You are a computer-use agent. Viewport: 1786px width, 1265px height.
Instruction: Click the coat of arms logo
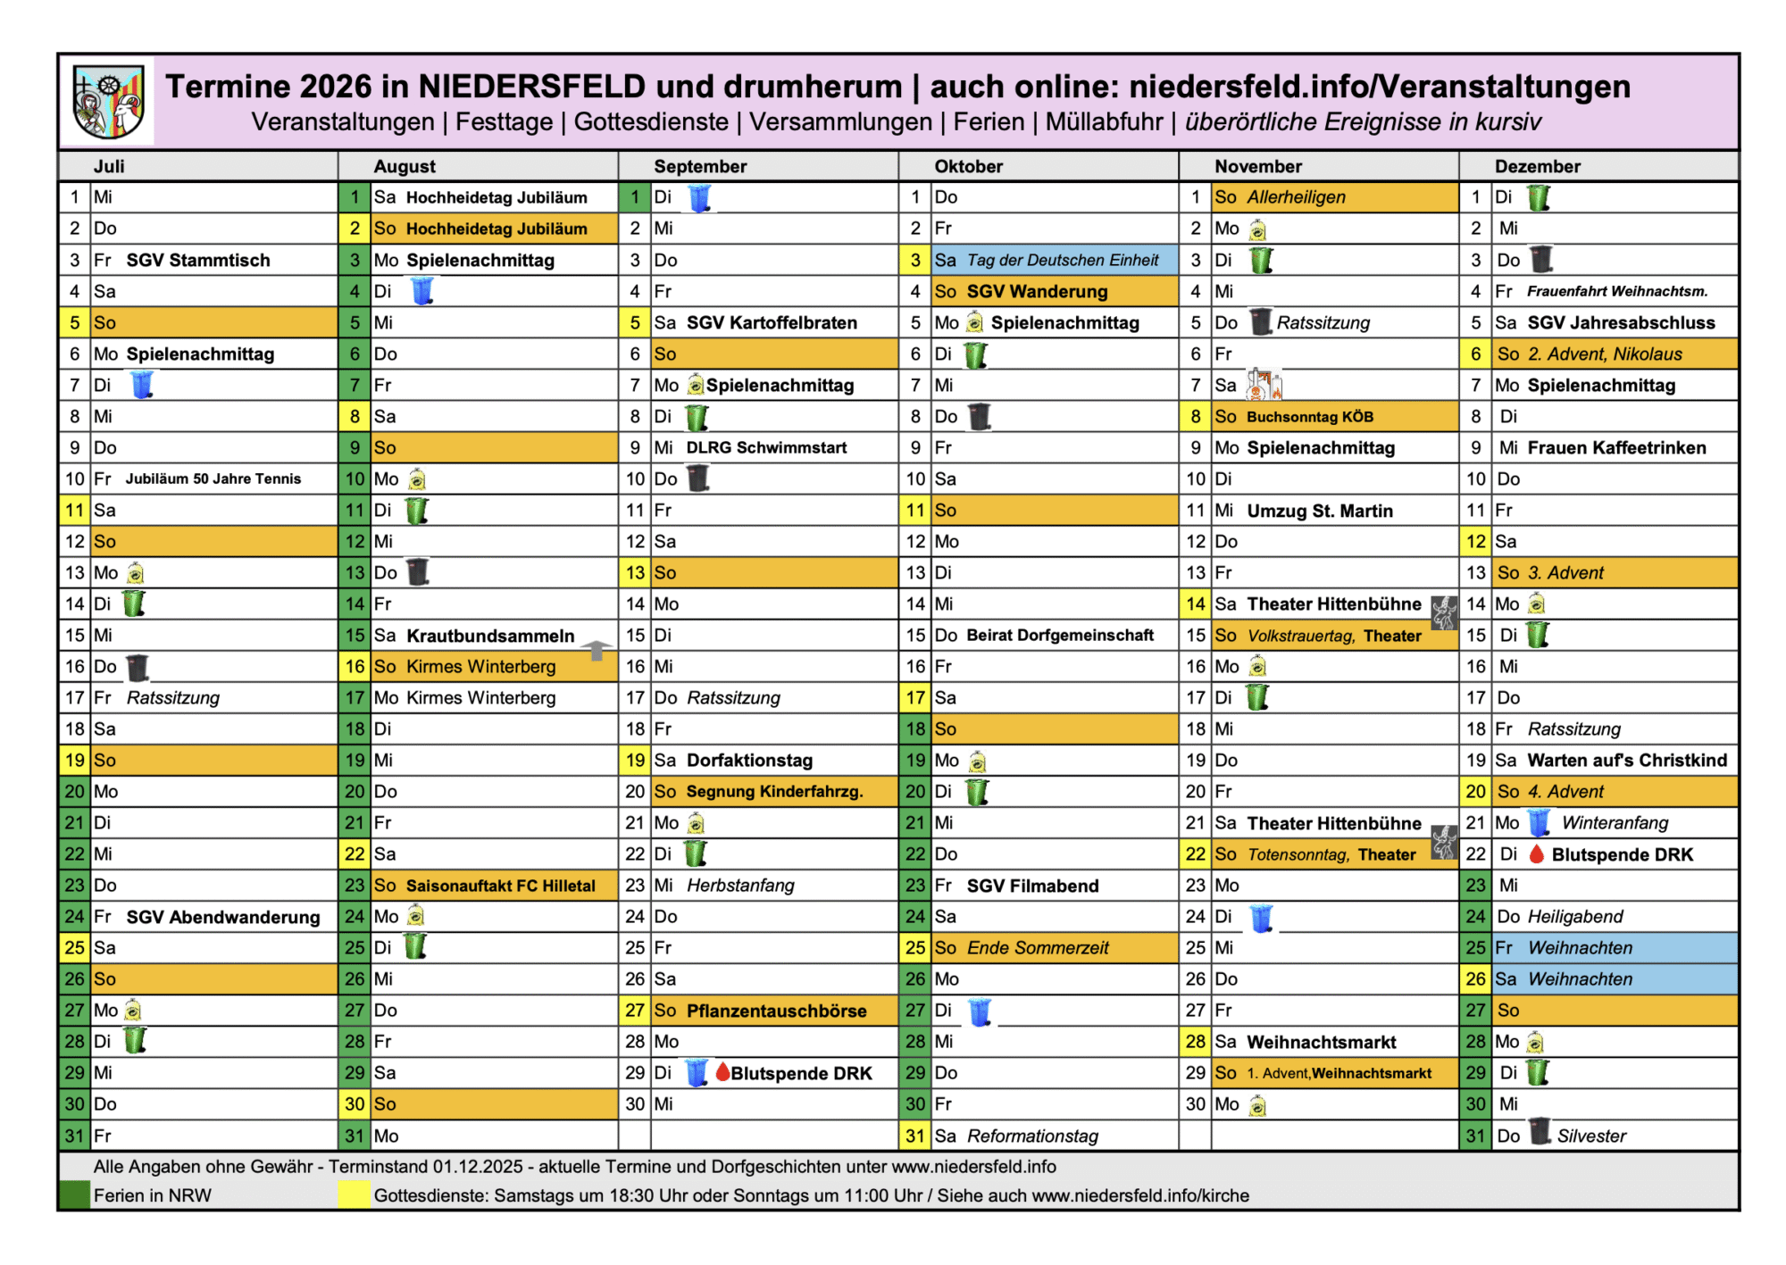[108, 103]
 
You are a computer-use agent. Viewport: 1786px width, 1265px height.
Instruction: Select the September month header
[699, 166]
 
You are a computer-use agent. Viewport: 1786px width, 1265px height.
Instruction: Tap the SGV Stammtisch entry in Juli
[197, 260]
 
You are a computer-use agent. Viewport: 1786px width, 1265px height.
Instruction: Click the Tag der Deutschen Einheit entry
[1062, 260]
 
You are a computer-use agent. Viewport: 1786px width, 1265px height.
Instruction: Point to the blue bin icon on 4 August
[422, 291]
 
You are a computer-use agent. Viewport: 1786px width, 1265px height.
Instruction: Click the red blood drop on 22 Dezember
[1537, 854]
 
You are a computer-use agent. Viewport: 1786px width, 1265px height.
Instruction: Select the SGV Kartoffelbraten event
[771, 322]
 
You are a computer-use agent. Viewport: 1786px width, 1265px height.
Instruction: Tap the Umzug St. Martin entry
[1319, 511]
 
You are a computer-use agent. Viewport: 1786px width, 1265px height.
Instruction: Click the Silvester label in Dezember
[1591, 1136]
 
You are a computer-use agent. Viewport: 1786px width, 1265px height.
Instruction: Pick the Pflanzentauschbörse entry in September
[776, 1011]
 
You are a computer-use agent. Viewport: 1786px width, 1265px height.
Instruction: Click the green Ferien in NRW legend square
[75, 1195]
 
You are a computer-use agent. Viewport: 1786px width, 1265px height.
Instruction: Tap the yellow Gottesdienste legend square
[355, 1195]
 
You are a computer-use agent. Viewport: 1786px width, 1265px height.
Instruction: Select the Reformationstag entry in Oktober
[1032, 1136]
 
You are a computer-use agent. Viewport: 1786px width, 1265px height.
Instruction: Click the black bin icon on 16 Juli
[137, 667]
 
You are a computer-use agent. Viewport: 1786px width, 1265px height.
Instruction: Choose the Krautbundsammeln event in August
[490, 636]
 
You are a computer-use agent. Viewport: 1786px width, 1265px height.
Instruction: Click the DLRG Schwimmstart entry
[766, 447]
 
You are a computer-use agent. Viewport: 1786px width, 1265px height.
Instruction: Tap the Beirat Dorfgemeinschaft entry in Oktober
[1060, 635]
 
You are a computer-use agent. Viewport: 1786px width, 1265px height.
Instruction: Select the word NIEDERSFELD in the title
[531, 87]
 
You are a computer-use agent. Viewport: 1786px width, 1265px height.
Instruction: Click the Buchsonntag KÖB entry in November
[1310, 417]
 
